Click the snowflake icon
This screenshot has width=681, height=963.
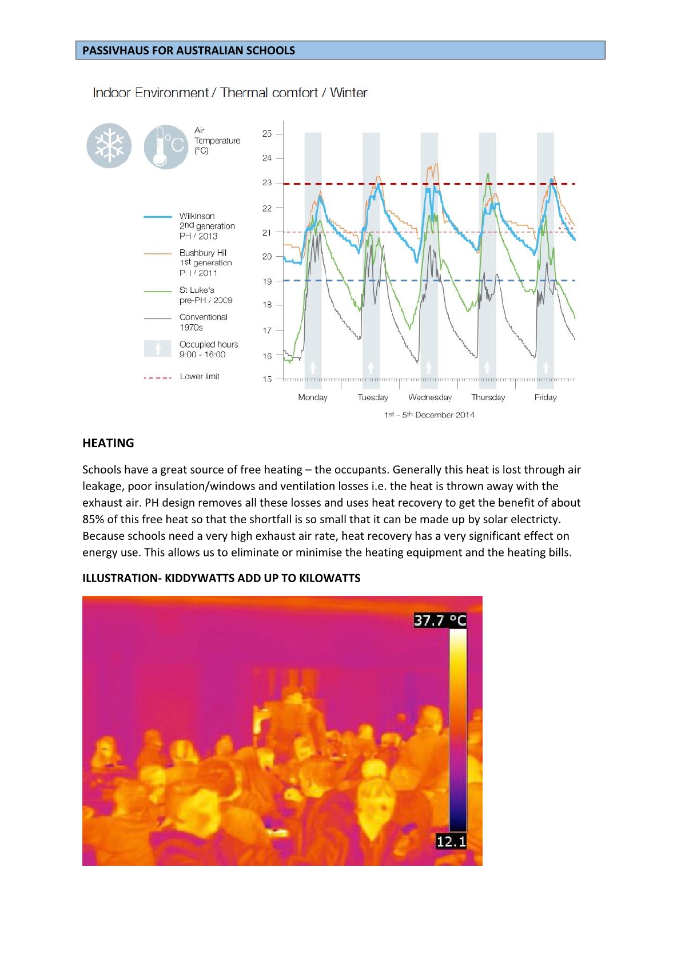(109, 146)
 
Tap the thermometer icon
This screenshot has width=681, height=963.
(165, 147)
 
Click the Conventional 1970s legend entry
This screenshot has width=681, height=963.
(203, 322)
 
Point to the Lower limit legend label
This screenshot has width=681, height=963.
(200, 376)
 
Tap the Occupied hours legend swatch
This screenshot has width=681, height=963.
(158, 349)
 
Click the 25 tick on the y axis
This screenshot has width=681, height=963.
(267, 134)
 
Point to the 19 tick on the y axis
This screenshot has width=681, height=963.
(267, 281)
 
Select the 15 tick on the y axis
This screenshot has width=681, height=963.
(267, 379)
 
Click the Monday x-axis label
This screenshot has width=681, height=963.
(313, 397)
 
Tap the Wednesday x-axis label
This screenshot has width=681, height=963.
(430, 397)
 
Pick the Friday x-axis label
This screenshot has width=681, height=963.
(545, 397)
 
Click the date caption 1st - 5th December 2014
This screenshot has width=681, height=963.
(429, 415)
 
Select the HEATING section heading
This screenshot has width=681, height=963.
(108, 443)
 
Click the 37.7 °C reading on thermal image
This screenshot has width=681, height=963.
(440, 620)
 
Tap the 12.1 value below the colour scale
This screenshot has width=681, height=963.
(451, 841)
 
